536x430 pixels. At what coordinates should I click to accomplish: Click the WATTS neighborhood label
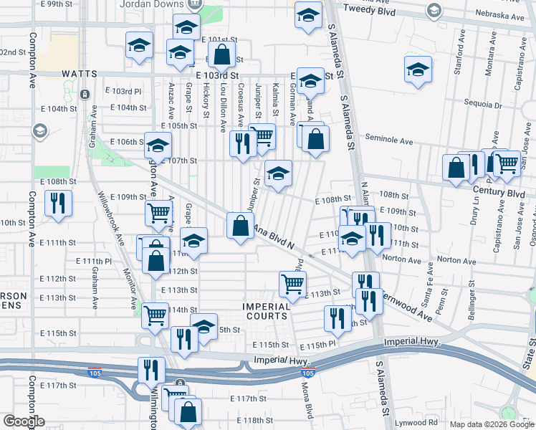tap(79, 73)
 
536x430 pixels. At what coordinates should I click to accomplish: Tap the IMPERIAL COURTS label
tap(266, 311)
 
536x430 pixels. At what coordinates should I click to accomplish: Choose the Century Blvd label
tap(499, 193)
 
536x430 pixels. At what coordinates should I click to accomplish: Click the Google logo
tap(24, 421)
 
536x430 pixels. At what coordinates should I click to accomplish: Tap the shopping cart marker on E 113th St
tap(292, 284)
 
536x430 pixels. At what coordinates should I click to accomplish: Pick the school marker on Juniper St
tap(278, 173)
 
